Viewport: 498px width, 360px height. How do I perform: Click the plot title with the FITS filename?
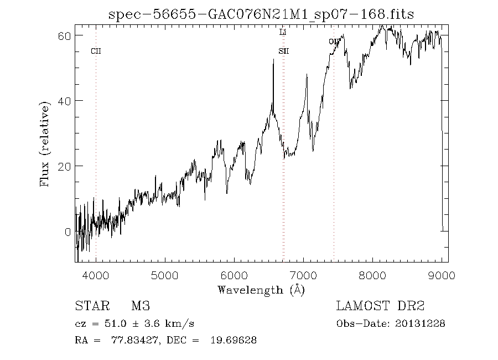pos(261,14)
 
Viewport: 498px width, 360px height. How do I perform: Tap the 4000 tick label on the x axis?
pos(96,276)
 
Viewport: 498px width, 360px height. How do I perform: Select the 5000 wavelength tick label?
pos(165,276)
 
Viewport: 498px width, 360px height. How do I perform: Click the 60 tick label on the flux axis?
pos(64,35)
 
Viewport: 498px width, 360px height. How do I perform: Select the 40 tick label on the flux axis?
pos(64,101)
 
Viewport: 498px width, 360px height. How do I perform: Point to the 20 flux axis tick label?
pos(64,166)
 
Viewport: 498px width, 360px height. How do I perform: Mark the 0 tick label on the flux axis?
pos(68,232)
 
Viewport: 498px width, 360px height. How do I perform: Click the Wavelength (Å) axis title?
pos(261,290)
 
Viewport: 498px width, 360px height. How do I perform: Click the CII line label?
pos(96,52)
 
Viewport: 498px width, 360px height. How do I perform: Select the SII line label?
pos(284,52)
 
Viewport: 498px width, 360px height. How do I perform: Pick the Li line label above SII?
pos(283,33)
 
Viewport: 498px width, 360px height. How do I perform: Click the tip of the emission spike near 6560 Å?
pos(273,59)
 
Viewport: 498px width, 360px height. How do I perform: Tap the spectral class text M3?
pos(141,306)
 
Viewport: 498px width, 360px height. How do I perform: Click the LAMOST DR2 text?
pos(380,306)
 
